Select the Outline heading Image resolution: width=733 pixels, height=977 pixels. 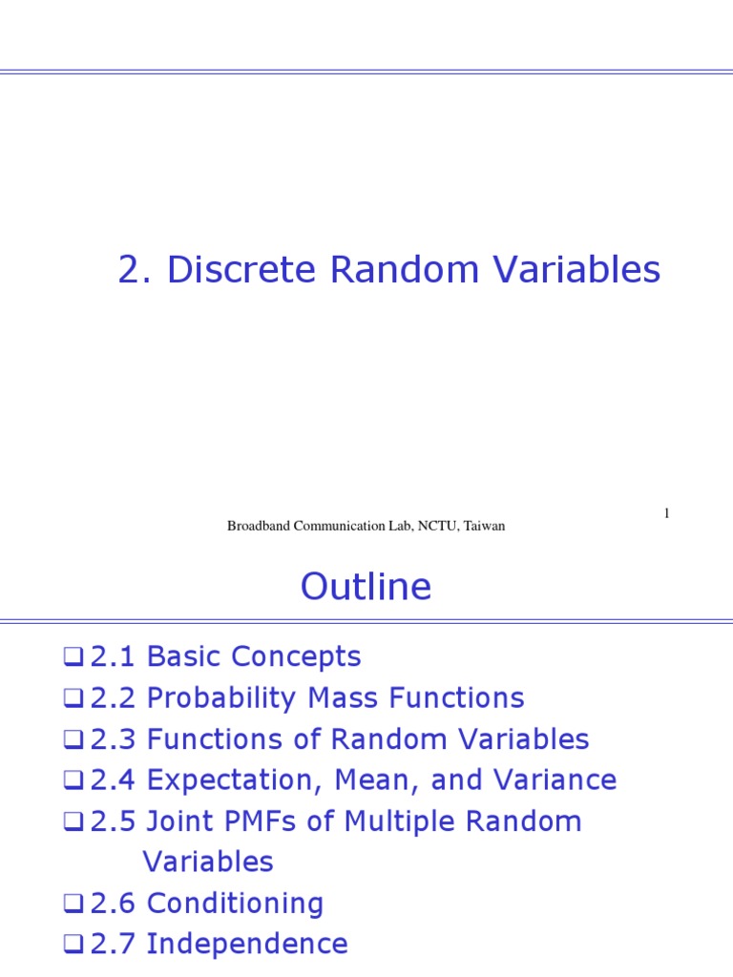click(366, 587)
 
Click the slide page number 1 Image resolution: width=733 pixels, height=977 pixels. click(666, 514)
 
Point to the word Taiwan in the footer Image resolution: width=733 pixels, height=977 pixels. click(485, 526)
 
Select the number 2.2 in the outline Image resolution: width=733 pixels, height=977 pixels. click(113, 698)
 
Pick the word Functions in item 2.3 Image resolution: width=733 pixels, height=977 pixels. click(201, 739)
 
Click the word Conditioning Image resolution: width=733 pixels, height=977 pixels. click(235, 904)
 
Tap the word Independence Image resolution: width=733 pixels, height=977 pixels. click(246, 945)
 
